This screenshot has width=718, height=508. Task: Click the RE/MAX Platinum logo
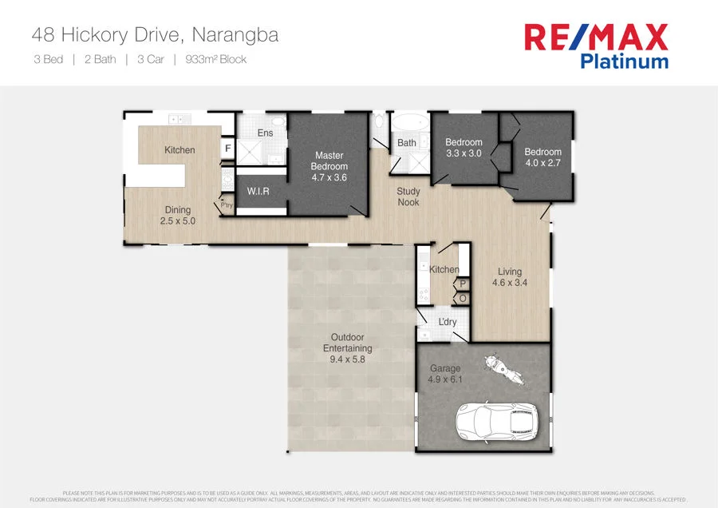click(x=595, y=46)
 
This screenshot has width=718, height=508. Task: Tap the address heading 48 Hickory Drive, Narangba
click(x=155, y=35)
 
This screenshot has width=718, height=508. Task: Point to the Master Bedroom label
click(x=329, y=166)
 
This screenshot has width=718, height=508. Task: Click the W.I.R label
click(x=257, y=192)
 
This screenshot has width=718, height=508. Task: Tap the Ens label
click(x=266, y=133)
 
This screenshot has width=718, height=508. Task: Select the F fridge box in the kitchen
click(x=227, y=149)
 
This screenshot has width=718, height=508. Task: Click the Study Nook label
click(x=408, y=197)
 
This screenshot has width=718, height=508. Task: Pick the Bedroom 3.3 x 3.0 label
click(x=464, y=148)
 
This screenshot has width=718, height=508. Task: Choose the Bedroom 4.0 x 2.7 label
click(x=542, y=157)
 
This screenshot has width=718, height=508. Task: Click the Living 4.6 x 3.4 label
click(x=510, y=276)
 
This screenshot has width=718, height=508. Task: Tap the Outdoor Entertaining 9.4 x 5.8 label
click(x=347, y=348)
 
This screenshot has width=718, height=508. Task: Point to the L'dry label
click(x=448, y=322)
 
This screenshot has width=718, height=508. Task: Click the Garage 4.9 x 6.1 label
click(x=445, y=374)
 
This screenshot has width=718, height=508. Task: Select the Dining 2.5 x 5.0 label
click(x=178, y=216)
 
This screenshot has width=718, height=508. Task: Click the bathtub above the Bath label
click(x=410, y=125)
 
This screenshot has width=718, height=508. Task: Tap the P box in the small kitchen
click(x=463, y=284)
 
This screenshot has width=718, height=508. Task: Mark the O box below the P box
click(x=463, y=299)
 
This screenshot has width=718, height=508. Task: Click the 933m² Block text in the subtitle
click(x=215, y=59)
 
